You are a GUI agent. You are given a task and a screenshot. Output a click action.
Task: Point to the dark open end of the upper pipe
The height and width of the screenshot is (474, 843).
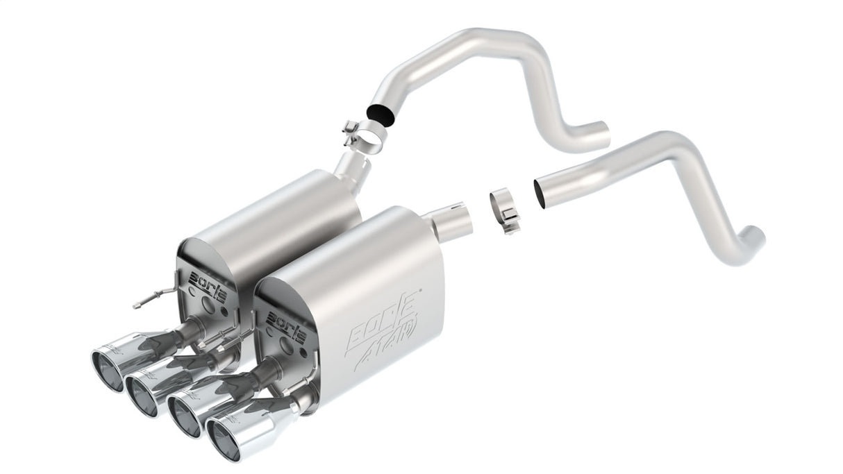coord(381,111)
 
